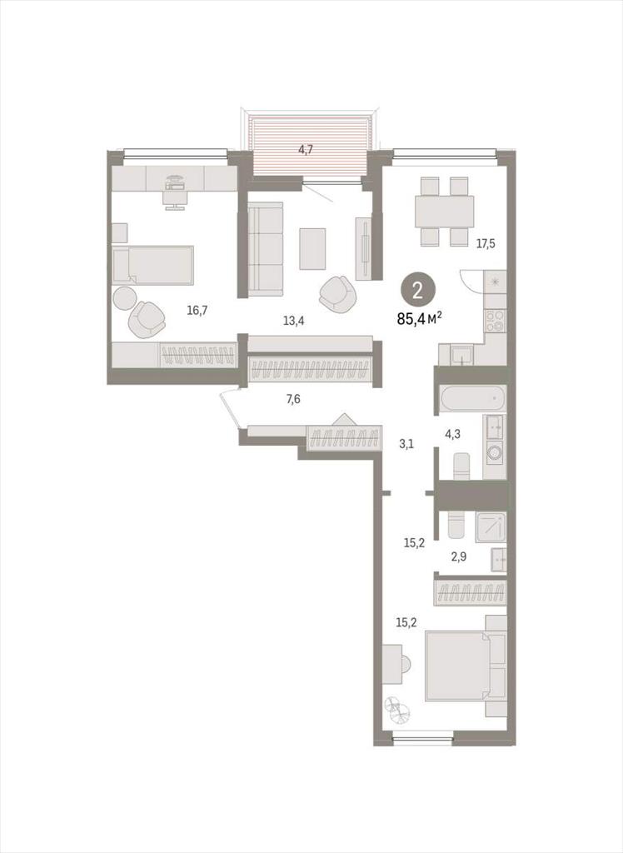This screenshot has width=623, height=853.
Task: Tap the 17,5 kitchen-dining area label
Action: [x=486, y=244]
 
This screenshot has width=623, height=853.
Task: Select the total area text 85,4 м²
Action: [x=419, y=319]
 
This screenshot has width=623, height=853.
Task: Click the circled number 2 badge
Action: [x=418, y=291]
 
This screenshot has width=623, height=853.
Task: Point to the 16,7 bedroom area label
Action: [x=197, y=311]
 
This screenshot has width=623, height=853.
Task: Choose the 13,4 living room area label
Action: [x=293, y=321]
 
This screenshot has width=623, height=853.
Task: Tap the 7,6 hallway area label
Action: [x=293, y=400]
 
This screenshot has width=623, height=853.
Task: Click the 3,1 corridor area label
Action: [x=406, y=445]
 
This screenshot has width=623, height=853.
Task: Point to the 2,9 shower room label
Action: [x=459, y=557]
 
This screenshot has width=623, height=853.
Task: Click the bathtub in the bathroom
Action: [x=473, y=398]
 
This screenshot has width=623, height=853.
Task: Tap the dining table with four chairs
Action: [x=445, y=211]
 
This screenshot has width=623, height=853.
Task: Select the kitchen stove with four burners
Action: [x=495, y=321]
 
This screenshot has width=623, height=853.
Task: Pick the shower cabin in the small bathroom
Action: [x=491, y=527]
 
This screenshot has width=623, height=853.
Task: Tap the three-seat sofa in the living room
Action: [x=266, y=250]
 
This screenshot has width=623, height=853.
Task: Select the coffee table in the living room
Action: [x=312, y=248]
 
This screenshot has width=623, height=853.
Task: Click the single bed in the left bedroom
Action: [x=153, y=265]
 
